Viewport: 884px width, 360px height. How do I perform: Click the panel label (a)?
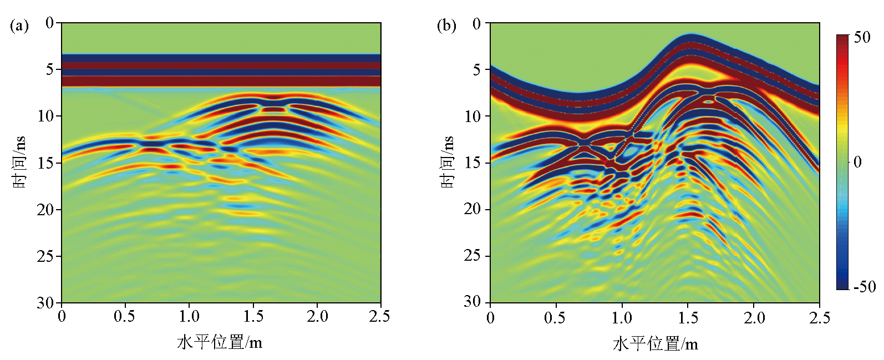19,26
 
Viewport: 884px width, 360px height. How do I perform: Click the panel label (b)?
446,26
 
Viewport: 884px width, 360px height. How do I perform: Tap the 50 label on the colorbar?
862,38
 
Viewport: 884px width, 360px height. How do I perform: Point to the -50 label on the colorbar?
864,287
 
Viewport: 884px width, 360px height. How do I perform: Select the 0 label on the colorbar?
857,162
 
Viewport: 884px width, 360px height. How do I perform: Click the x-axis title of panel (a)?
220,342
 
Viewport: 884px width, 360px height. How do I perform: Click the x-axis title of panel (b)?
655,344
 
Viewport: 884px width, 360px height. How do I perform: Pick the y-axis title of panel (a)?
20,162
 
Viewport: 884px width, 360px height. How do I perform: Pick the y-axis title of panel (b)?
448,162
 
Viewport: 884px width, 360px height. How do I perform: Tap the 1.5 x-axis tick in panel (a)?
253,317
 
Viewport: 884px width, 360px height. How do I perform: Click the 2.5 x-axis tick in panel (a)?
379,317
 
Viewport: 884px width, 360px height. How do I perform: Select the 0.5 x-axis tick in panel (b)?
555,318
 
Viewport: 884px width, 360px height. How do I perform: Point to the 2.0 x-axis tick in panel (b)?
754,318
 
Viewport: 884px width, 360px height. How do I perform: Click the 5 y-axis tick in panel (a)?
50,69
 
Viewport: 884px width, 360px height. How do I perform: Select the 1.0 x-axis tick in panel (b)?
622,318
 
